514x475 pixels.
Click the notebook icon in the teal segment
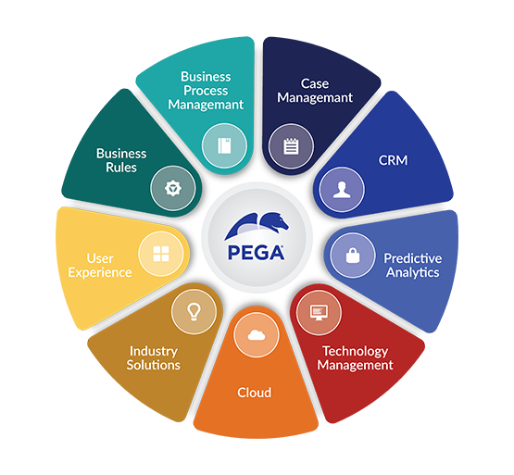[x=224, y=146]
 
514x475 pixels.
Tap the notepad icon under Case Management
[x=291, y=146]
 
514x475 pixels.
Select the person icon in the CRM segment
[x=342, y=190]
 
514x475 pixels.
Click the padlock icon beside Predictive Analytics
[x=353, y=256]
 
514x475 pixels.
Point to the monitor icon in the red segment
[x=319, y=313]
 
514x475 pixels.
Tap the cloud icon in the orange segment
[x=257, y=335]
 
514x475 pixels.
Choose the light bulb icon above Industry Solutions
[x=194, y=312]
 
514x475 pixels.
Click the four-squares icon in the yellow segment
[x=161, y=254]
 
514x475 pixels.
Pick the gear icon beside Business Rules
[x=173, y=189]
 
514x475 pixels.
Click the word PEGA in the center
[x=256, y=253]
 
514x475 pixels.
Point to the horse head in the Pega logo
[x=274, y=222]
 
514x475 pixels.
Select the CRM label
[x=393, y=160]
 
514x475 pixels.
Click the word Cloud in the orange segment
[x=255, y=393]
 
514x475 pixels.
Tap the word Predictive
[x=413, y=258]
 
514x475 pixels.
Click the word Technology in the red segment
[x=356, y=352]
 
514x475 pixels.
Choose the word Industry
[x=154, y=352]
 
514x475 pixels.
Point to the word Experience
[x=100, y=273]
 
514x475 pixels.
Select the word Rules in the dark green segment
[x=121, y=168]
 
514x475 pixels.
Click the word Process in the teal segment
[x=206, y=91]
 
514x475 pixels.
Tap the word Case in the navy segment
[x=315, y=83]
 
